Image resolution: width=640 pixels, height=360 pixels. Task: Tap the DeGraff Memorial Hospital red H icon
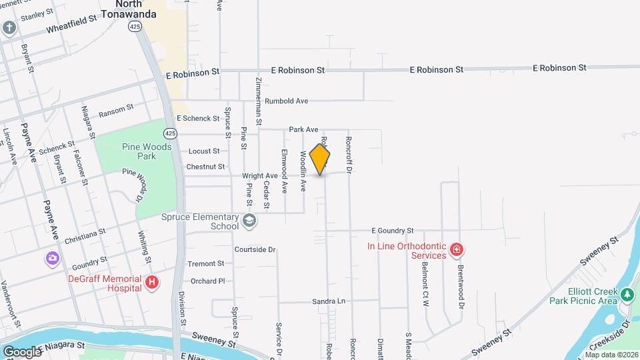pyautogui.click(x=152, y=283)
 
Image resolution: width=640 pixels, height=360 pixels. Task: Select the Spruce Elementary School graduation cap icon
pyautogui.click(x=249, y=221)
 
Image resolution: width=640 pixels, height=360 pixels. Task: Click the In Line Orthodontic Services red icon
pyautogui.click(x=457, y=251)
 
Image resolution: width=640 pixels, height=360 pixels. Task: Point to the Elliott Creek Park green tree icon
pyautogui.click(x=626, y=294)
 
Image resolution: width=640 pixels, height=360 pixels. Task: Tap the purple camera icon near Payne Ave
pyautogui.click(x=52, y=258)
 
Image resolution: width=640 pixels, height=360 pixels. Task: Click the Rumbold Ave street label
pyautogui.click(x=286, y=101)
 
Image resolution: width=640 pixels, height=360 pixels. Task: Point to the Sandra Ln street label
pyautogui.click(x=329, y=301)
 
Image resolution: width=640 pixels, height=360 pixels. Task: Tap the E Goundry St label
pyautogui.click(x=393, y=230)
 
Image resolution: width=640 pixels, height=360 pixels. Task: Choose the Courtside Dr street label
pyautogui.click(x=255, y=249)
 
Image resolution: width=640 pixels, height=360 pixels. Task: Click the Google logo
pyautogui.click(x=21, y=351)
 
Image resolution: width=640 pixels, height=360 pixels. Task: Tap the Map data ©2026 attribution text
pyautogui.click(x=611, y=355)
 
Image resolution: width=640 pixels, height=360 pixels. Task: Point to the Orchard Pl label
pyautogui.click(x=207, y=281)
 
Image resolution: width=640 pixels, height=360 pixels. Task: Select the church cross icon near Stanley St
pyautogui.click(x=9, y=27)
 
